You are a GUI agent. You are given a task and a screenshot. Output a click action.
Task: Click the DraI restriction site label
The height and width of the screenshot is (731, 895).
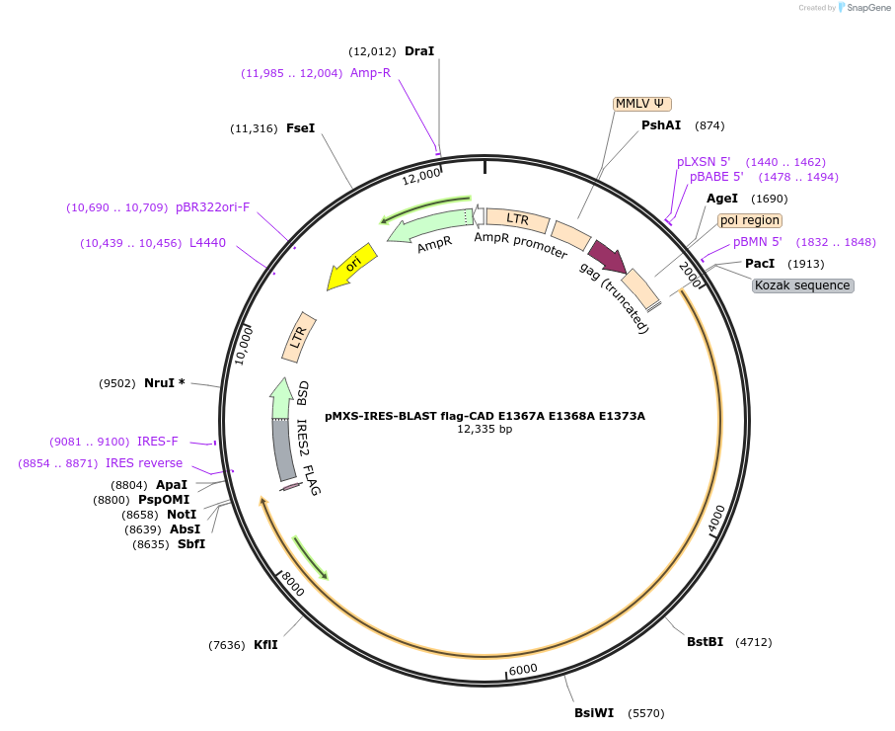click(x=419, y=51)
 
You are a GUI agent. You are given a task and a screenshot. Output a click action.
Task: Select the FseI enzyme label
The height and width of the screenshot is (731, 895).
click(x=300, y=128)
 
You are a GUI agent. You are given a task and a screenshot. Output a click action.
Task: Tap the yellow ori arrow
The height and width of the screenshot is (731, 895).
click(x=350, y=267)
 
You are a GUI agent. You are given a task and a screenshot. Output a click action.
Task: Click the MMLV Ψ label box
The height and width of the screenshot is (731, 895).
click(x=642, y=104)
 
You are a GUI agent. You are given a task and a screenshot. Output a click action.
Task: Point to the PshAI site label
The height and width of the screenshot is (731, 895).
click(x=661, y=125)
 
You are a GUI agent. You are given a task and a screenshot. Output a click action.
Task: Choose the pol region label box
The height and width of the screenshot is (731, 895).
click(x=750, y=220)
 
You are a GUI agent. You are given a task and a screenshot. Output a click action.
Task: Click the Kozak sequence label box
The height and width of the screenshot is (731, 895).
click(x=802, y=285)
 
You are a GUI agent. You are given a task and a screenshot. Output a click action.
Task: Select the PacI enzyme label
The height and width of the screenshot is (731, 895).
click(x=760, y=264)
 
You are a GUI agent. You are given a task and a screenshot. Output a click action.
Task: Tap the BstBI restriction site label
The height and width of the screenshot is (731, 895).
click(x=705, y=642)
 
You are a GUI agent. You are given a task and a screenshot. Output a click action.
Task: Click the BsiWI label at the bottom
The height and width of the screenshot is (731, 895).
click(x=594, y=712)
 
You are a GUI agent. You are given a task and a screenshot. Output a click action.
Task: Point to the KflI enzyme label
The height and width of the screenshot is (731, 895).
click(x=265, y=645)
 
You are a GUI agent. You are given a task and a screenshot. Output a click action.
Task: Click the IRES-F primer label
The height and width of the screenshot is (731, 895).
click(x=158, y=442)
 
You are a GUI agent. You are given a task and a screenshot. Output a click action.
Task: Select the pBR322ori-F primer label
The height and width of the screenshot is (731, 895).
click(x=213, y=207)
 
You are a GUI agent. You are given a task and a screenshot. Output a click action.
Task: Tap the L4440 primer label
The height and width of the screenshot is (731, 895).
click(x=207, y=243)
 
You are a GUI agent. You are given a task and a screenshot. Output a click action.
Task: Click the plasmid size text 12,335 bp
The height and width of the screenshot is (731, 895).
click(x=485, y=430)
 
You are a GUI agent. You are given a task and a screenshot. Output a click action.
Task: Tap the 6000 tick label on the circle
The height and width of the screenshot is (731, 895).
click(x=522, y=669)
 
